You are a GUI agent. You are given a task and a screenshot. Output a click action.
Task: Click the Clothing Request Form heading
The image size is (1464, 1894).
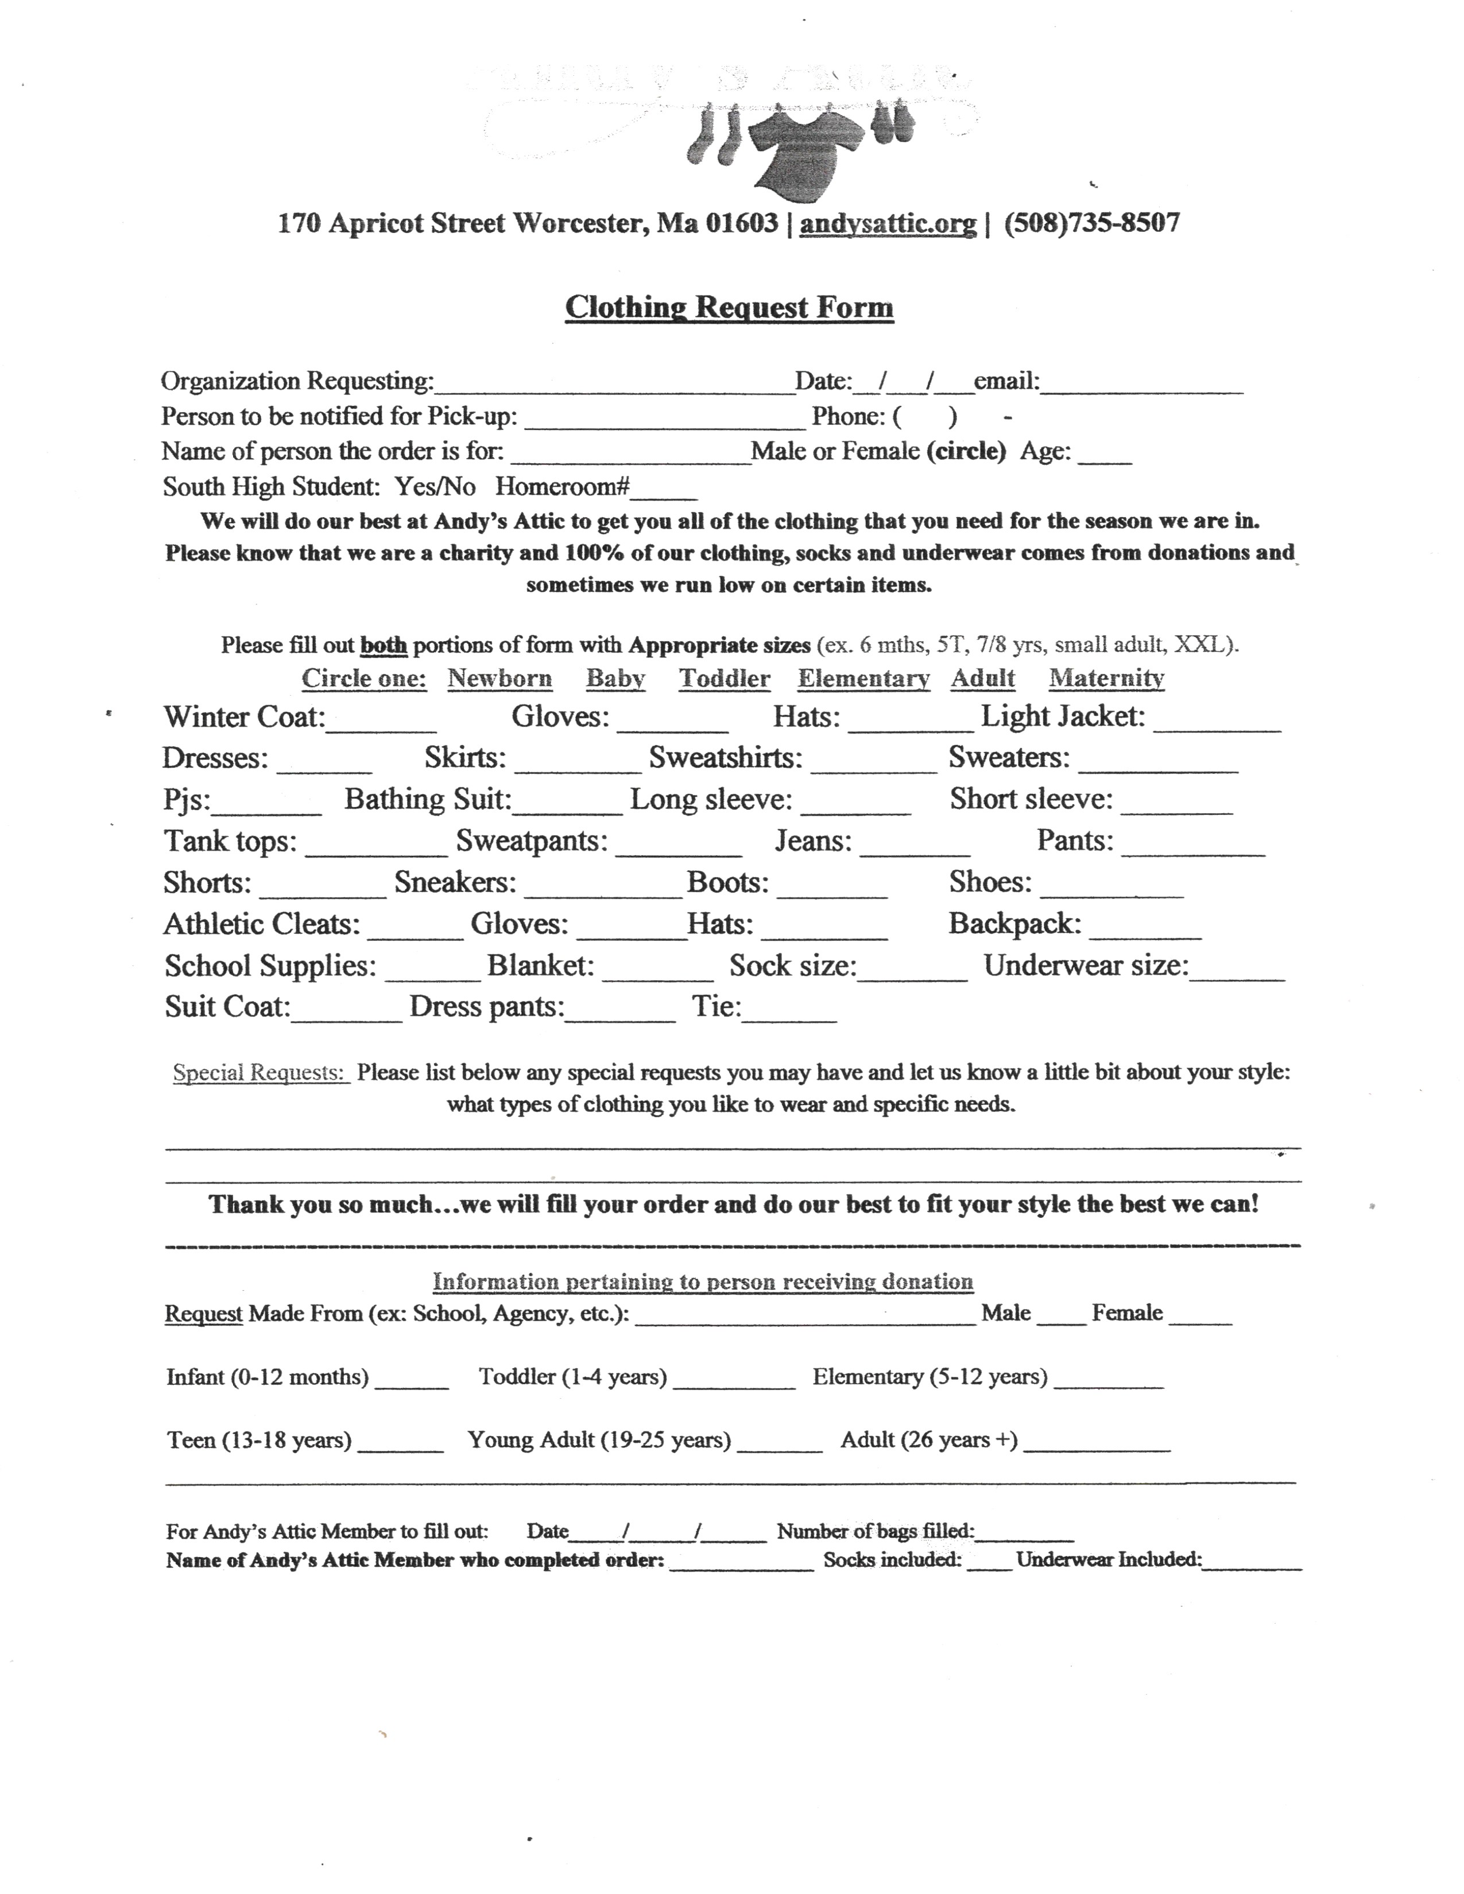729,307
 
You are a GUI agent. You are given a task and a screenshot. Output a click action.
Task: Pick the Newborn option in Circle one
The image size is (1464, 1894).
499,678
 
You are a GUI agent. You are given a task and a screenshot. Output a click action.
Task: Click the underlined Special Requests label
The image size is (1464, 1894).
260,1073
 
